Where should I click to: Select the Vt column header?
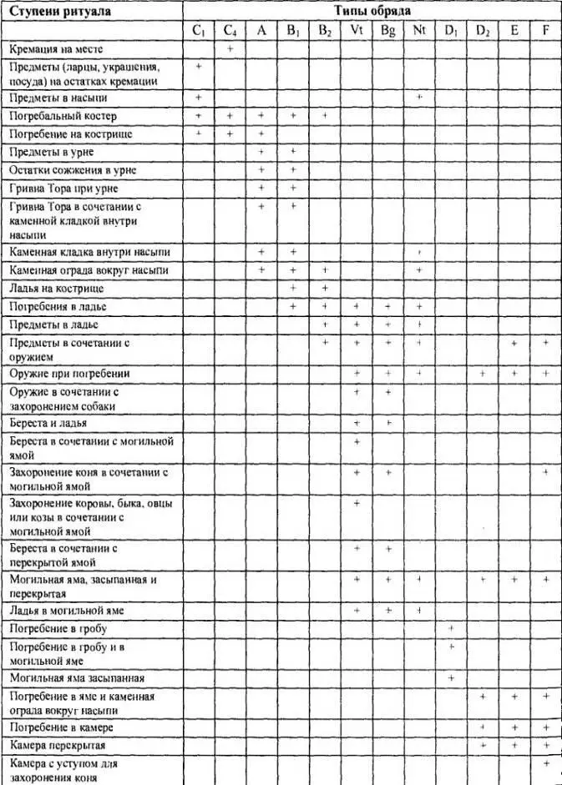coord(357,31)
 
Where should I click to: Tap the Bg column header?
coord(388,31)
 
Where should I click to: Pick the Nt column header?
coord(419,31)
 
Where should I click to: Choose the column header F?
coord(545,31)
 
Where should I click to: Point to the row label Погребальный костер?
coord(63,116)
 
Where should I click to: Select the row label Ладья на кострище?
coord(56,289)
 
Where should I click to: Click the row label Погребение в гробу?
coord(58,627)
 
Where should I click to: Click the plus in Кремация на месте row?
coord(230,50)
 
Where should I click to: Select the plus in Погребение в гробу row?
coord(451,627)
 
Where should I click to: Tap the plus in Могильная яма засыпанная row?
coord(451,677)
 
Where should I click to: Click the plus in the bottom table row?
coord(546,763)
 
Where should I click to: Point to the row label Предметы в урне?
coord(51,152)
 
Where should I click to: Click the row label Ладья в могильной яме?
coord(67,611)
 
